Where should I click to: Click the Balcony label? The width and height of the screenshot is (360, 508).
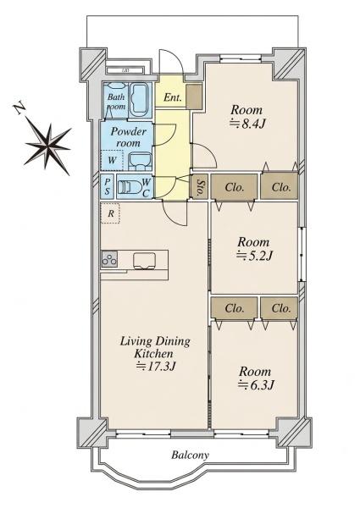tap(190, 456)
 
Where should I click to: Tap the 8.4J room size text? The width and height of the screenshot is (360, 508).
tap(248, 124)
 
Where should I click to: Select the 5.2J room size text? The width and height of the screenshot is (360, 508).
tap(254, 256)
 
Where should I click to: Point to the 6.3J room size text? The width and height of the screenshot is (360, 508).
tap(257, 385)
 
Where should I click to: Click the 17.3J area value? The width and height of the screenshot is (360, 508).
tap(156, 366)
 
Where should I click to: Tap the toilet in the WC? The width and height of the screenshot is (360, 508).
tap(130, 187)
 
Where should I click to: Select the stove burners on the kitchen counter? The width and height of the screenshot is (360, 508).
tap(109, 259)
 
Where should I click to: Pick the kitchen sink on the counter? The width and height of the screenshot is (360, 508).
tap(144, 261)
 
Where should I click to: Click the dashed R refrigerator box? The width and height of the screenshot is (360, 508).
tap(110, 213)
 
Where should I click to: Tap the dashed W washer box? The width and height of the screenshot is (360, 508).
tap(112, 160)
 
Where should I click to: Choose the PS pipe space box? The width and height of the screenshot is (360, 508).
tap(107, 187)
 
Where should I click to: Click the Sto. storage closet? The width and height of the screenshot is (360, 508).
tap(199, 186)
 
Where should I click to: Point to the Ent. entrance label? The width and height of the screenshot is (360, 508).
tap(172, 97)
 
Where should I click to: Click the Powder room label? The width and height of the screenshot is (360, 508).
tap(128, 137)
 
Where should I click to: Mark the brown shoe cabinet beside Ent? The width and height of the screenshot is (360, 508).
tap(194, 97)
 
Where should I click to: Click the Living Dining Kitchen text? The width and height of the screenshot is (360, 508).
tap(155, 347)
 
